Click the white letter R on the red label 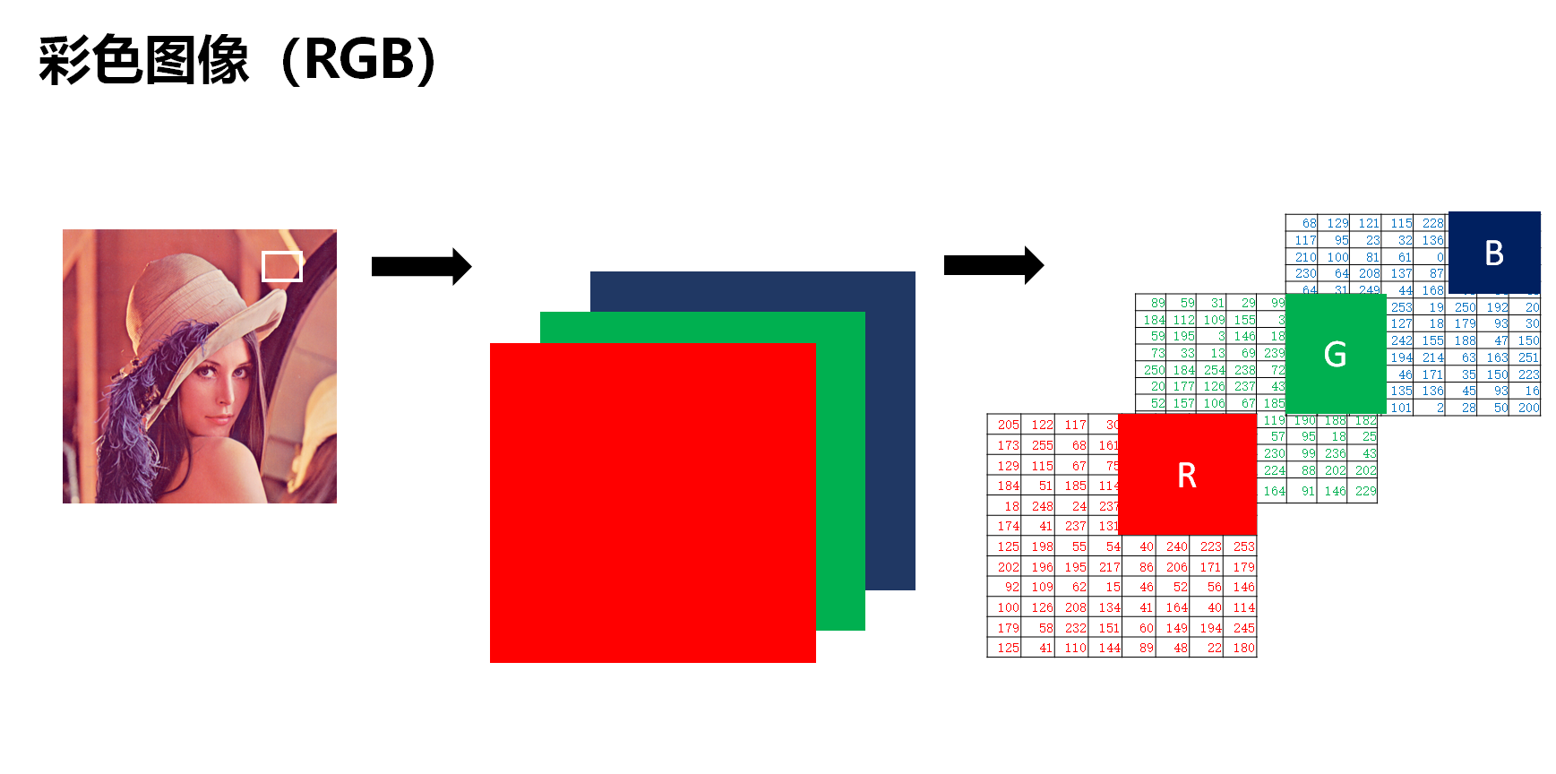(1187, 476)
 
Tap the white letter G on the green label (1335, 355)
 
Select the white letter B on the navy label (1493, 254)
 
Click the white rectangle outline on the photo (281, 266)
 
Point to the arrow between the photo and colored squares (421, 266)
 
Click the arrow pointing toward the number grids (993, 265)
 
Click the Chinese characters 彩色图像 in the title (143, 60)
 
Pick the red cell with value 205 (1008, 425)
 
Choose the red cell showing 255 (1042, 445)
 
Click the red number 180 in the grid (1243, 648)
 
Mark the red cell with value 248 (1042, 506)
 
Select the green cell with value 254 (1214, 370)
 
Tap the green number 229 (1365, 491)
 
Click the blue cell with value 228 (1432, 223)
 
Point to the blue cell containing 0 (1440, 257)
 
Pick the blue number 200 (1528, 408)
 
